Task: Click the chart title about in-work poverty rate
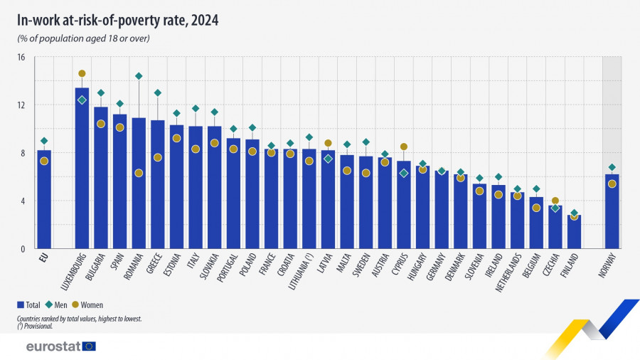coord(117,21)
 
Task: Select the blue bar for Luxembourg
coord(82,171)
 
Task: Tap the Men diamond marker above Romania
coord(139,76)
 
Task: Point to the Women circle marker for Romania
coord(139,173)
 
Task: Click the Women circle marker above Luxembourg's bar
coord(82,73)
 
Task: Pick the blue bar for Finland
coord(574,232)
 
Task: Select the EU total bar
coord(44,199)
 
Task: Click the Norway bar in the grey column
coord(612,212)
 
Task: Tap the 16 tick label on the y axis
coord(21,57)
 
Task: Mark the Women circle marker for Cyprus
coord(404,147)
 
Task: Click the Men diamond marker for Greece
coord(158,92)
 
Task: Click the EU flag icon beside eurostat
coord(89,346)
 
